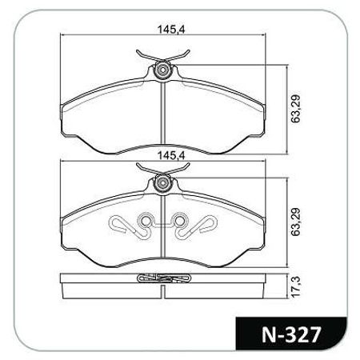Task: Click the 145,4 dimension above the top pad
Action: click(x=166, y=30)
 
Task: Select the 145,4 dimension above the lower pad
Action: click(x=166, y=154)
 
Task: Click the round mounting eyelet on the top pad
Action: click(x=163, y=70)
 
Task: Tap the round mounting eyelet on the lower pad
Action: click(x=163, y=184)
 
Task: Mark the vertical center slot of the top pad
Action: click(x=163, y=112)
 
